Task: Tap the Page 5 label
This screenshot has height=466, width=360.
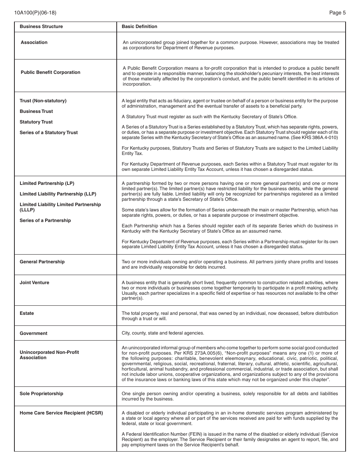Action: pyautogui.click(x=337, y=13)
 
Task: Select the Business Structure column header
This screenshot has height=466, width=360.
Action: pyautogui.click(x=41, y=27)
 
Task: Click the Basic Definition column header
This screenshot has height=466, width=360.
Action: pyautogui.click(x=139, y=27)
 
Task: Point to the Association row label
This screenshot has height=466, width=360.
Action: pyautogui.click(x=34, y=42)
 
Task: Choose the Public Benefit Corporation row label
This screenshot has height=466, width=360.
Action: pyautogui.click(x=50, y=72)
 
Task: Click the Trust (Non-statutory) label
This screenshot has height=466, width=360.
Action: pyautogui.click(x=43, y=101)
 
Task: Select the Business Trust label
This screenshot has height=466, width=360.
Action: pyautogui.click(x=36, y=111)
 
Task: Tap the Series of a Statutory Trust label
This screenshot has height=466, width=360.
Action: pyautogui.click(x=49, y=133)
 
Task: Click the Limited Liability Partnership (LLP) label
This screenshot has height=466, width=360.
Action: pyautogui.click(x=58, y=194)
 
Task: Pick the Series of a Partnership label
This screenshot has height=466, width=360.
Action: pyautogui.click(x=45, y=220)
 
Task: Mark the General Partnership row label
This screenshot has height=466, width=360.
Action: pyautogui.click(x=42, y=262)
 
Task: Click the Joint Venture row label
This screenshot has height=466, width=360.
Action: pyautogui.click(x=34, y=283)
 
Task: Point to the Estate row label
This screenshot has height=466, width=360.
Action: pyautogui.click(x=27, y=313)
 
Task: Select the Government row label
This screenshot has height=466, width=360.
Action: pyautogui.click(x=34, y=333)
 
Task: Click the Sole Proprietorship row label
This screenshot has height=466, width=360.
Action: pyautogui.click(x=41, y=394)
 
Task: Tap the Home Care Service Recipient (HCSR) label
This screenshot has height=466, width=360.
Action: pyautogui.click(x=61, y=413)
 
